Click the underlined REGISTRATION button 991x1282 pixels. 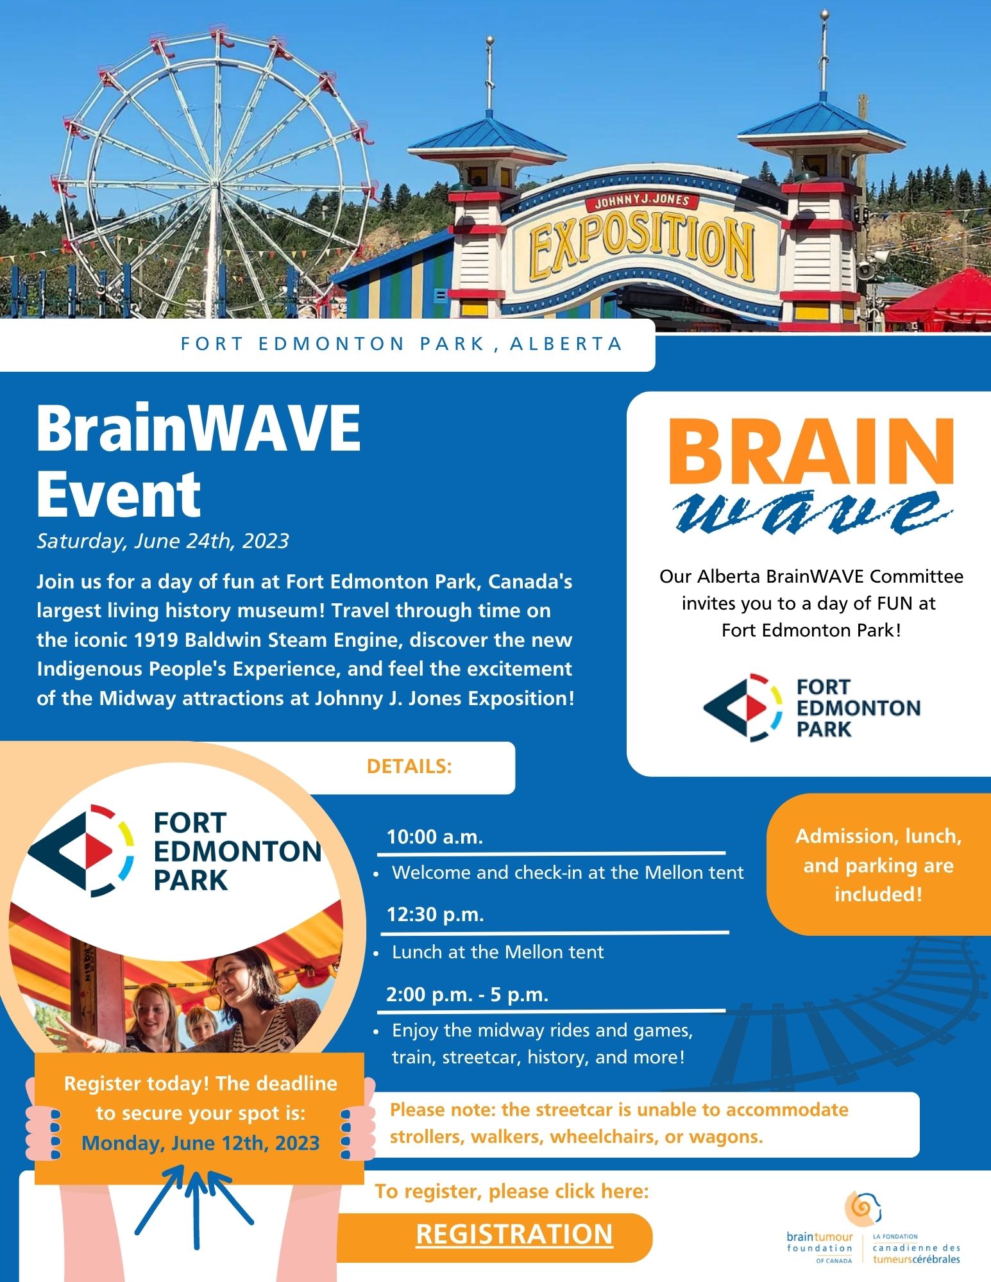[x=514, y=1235]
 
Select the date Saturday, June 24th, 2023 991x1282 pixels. [x=163, y=542]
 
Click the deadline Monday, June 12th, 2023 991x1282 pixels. [x=201, y=1143]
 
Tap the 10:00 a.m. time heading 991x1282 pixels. [x=434, y=837]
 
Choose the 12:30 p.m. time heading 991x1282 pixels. [x=435, y=914]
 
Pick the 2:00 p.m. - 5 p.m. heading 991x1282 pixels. [x=467, y=995]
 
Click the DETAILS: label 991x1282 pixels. [x=409, y=767]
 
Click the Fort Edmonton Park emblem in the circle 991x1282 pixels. [x=80, y=851]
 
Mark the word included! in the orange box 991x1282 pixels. [x=878, y=894]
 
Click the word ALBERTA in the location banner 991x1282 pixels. [x=566, y=344]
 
